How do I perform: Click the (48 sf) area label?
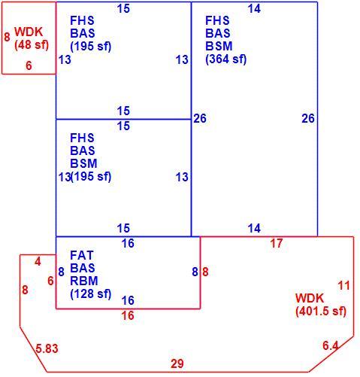click(32, 45)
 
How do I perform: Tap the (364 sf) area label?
click(226, 59)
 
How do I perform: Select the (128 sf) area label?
click(91, 293)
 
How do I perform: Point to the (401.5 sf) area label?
click(321, 311)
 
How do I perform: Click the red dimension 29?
click(177, 363)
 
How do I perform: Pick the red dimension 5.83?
click(47, 348)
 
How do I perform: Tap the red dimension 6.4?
click(331, 346)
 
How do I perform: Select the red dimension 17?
click(277, 243)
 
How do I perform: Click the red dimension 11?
click(343, 286)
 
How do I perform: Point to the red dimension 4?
click(38, 262)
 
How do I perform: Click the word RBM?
click(84, 281)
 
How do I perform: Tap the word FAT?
click(82, 255)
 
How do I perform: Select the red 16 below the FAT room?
click(128, 315)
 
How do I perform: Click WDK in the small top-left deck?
click(29, 32)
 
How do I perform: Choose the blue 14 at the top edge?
click(254, 9)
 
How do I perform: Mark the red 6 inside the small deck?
click(29, 65)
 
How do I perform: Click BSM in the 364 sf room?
click(219, 46)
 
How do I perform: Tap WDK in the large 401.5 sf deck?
click(310, 298)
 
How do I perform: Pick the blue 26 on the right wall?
click(308, 118)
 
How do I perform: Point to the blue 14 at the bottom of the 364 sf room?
click(254, 229)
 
